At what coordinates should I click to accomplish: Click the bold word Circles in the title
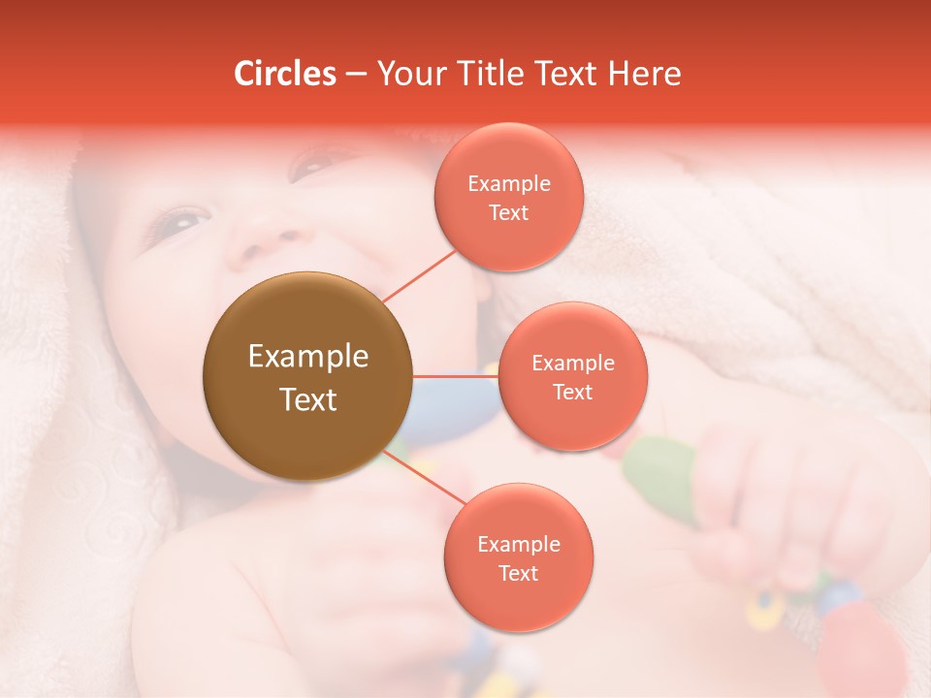click(285, 74)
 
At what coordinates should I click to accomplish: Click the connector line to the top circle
click(419, 275)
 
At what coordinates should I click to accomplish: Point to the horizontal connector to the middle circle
click(455, 376)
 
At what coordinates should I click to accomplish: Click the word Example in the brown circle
click(308, 357)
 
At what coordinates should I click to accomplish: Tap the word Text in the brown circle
click(308, 399)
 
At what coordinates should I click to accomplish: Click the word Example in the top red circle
click(509, 184)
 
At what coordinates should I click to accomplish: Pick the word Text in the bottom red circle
click(518, 574)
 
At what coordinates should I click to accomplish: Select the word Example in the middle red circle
click(573, 364)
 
